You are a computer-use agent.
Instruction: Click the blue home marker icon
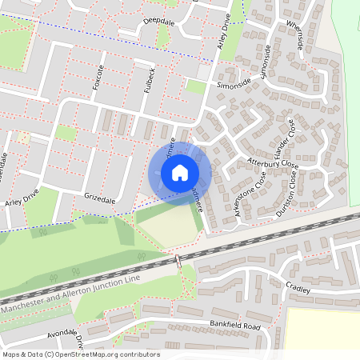pyautogui.click(x=180, y=172)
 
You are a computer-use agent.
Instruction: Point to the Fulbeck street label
pyautogui.click(x=148, y=79)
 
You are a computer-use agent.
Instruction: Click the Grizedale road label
pyautogui.click(x=100, y=194)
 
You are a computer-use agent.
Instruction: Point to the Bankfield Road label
pyautogui.click(x=232, y=326)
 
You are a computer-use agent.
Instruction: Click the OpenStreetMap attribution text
pyautogui.click(x=80, y=354)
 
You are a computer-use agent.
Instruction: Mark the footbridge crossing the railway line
pyautogui.click(x=176, y=262)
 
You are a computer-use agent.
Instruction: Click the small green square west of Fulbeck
pyautogui.click(x=66, y=133)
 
